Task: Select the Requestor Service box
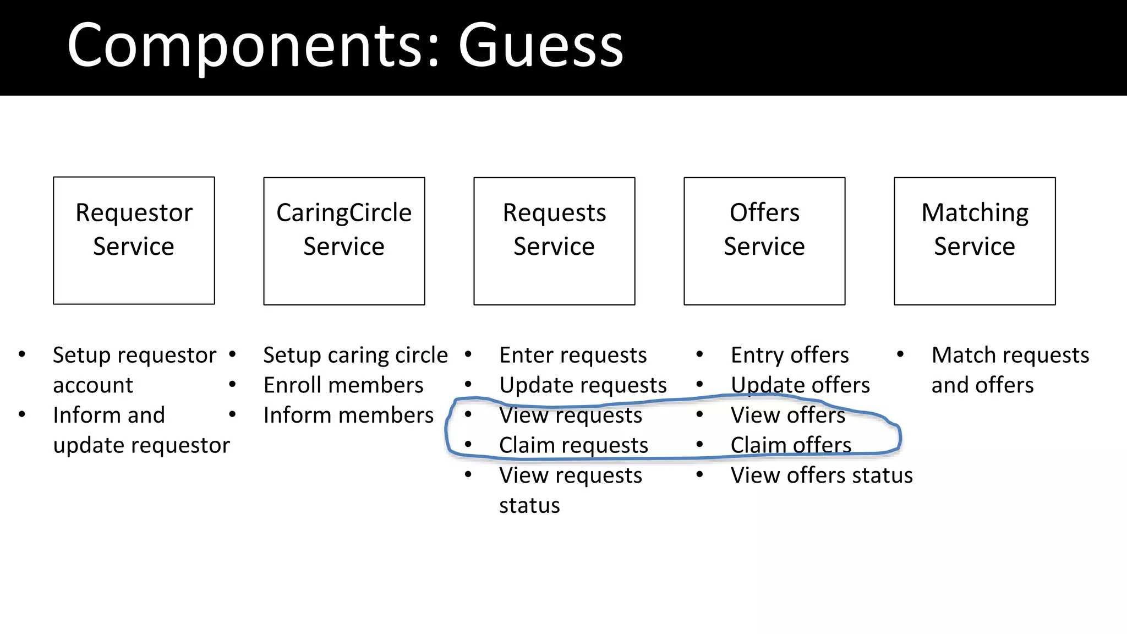pyautogui.click(x=134, y=241)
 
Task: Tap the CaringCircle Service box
pyautogui.click(x=344, y=241)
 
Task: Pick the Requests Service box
pyautogui.click(x=554, y=241)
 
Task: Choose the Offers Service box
pyautogui.click(x=764, y=241)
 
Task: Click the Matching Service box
pyautogui.click(x=975, y=241)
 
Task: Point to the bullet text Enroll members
pyautogui.click(x=343, y=385)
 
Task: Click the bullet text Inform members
pyautogui.click(x=348, y=416)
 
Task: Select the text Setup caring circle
pyautogui.click(x=355, y=356)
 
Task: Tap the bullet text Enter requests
pyautogui.click(x=573, y=356)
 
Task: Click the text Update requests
pyautogui.click(x=583, y=385)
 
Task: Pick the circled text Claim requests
pyautogui.click(x=573, y=445)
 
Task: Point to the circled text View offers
pyautogui.click(x=787, y=416)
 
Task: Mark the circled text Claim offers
pyautogui.click(x=791, y=445)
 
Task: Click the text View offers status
pyautogui.click(x=822, y=475)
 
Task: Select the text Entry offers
pyautogui.click(x=790, y=356)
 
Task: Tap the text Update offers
pyautogui.click(x=800, y=385)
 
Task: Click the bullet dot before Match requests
pyautogui.click(x=900, y=354)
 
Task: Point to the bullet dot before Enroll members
pyautogui.click(x=233, y=384)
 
